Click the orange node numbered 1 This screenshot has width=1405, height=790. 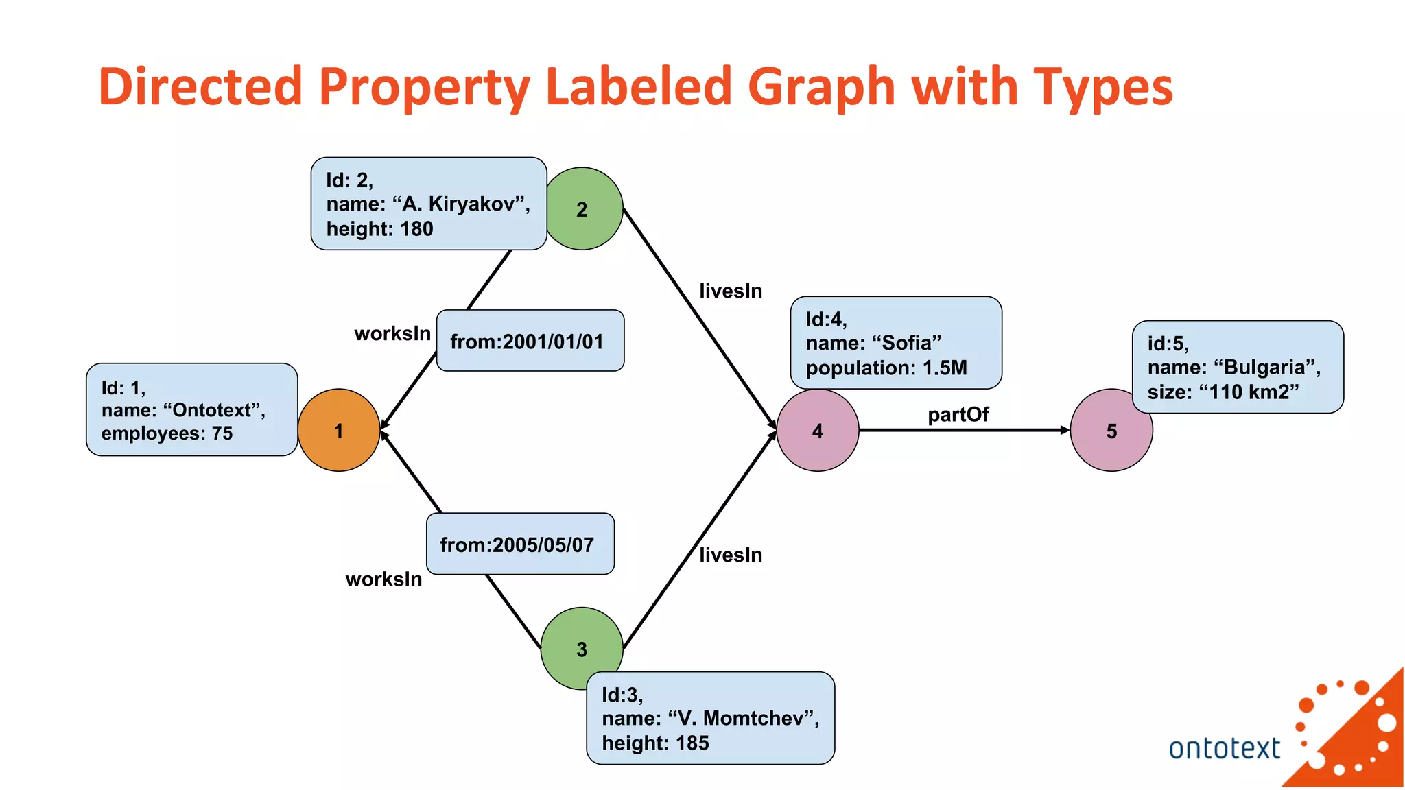pyautogui.click(x=338, y=431)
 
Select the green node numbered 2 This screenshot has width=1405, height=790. pyautogui.click(x=582, y=209)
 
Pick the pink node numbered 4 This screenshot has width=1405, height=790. pyautogui.click(x=817, y=431)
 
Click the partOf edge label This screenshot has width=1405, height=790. pyautogui.click(x=958, y=415)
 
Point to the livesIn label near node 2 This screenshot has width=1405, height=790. pyautogui.click(x=731, y=291)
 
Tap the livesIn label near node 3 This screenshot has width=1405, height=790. pyautogui.click(x=731, y=555)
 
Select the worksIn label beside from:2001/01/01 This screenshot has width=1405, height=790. pyautogui.click(x=392, y=334)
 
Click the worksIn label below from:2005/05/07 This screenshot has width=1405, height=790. pyautogui.click(x=383, y=579)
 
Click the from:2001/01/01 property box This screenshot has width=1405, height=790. pyautogui.click(x=530, y=341)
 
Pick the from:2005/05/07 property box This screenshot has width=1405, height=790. pyautogui.click(x=520, y=544)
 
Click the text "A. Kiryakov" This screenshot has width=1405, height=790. pyautogui.click(x=463, y=204)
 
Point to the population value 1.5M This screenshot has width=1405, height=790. pyautogui.click(x=944, y=368)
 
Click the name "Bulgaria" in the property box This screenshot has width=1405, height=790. pyautogui.click(x=1267, y=368)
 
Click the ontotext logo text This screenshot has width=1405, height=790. pyautogui.click(x=1224, y=748)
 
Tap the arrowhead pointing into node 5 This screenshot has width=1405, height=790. pyautogui.click(x=1065, y=430)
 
